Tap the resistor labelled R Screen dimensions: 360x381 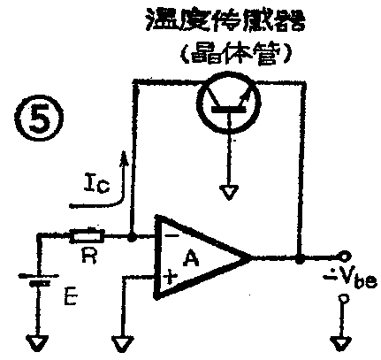point(88,236)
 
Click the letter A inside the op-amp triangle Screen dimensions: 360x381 point(189,258)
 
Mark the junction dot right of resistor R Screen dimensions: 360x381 point(131,236)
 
